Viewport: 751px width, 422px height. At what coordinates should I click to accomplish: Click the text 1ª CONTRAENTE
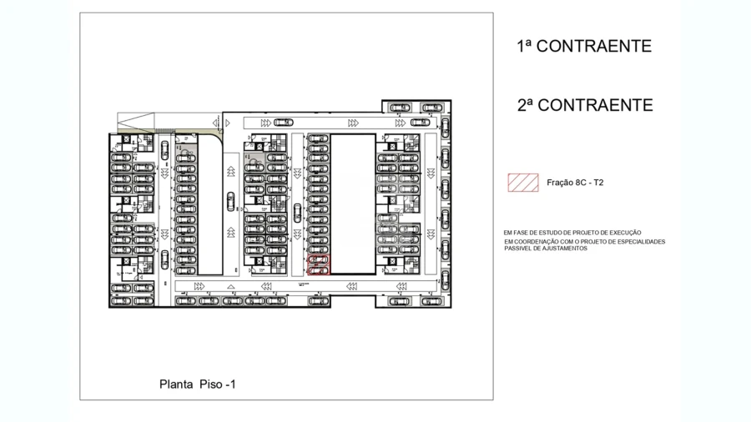point(584,47)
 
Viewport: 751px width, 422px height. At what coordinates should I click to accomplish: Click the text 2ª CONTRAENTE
point(584,106)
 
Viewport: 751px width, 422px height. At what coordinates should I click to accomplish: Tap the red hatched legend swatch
point(523,183)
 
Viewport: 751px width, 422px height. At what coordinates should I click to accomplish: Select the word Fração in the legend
point(559,183)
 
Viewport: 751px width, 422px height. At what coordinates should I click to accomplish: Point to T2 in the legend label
point(597,183)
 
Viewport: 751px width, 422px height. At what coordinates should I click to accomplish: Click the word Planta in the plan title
point(176,384)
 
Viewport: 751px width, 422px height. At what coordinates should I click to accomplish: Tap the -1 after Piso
point(231,384)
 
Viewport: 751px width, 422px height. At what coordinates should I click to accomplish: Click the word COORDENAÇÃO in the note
point(542,242)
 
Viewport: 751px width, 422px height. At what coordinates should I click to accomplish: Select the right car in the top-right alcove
point(431,108)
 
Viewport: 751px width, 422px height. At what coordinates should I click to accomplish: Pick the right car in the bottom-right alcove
point(431,301)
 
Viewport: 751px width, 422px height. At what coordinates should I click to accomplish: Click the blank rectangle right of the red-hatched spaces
point(354,203)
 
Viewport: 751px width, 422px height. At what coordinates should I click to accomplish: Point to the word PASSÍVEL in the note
point(517,249)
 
